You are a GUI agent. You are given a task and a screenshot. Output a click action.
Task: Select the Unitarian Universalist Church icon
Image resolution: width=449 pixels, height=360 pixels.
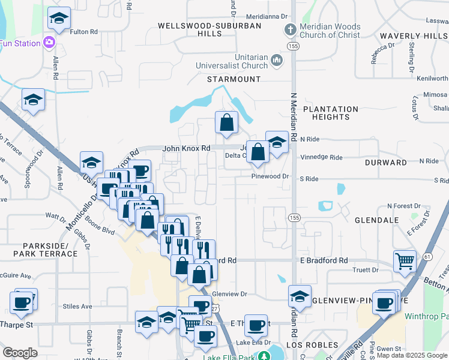[276, 60]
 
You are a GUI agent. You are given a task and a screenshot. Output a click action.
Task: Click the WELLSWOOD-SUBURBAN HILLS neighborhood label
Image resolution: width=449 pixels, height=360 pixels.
[210, 30]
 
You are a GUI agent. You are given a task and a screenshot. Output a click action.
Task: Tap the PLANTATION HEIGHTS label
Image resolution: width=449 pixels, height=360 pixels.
[331, 113]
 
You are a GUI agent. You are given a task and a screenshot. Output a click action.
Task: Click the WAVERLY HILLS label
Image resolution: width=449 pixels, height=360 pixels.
[414, 36]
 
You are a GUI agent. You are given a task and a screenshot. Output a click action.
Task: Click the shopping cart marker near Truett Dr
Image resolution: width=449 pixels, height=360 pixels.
[405, 261]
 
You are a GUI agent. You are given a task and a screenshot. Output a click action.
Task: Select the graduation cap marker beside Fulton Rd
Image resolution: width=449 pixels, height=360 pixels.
[59, 19]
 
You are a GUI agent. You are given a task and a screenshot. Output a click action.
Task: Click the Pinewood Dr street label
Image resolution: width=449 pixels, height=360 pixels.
[271, 177]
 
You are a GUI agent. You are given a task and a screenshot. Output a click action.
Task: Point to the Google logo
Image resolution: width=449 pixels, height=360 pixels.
[20, 353]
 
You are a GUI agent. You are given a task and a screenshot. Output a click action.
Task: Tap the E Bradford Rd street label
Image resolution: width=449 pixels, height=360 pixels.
[324, 261]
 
